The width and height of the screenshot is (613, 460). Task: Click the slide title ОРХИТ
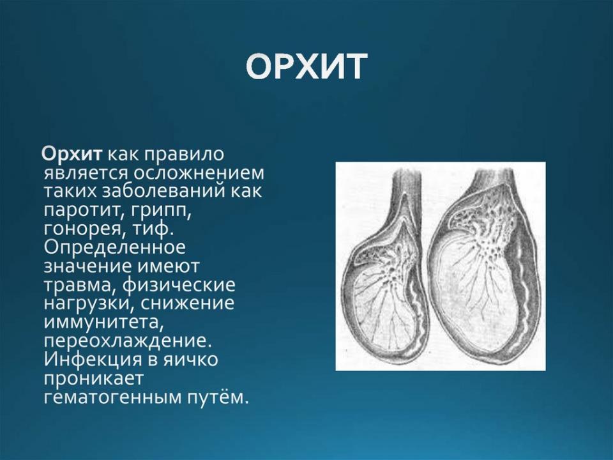pyautogui.click(x=307, y=67)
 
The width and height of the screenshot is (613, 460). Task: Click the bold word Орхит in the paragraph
pyautogui.click(x=72, y=154)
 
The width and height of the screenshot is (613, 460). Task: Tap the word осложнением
pyautogui.click(x=199, y=173)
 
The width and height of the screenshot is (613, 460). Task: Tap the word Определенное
pyautogui.click(x=114, y=248)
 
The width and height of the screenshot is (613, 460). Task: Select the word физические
pyautogui.click(x=179, y=285)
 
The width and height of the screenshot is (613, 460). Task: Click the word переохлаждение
pyautogui.click(x=127, y=341)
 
